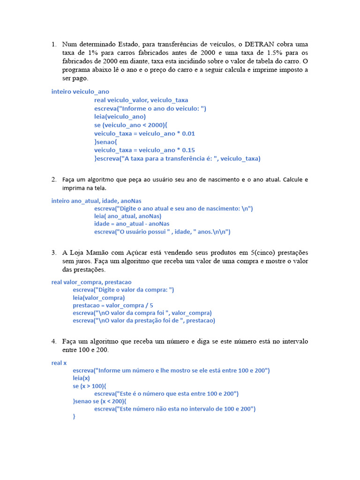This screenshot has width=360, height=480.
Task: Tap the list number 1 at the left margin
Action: [53, 44]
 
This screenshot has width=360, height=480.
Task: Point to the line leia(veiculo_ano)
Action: [120, 117]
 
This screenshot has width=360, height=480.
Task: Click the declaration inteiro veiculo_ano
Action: [80, 92]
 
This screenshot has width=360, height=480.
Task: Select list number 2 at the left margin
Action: [53, 180]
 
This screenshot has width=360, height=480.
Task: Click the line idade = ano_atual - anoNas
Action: [132, 224]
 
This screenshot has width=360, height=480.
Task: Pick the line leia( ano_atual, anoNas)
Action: [127, 216]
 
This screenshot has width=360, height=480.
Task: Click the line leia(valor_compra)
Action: [99, 298]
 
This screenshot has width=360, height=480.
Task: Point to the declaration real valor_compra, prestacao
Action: [91, 282]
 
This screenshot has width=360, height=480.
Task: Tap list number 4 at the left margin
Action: [53, 341]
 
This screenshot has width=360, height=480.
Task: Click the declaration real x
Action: [59, 363]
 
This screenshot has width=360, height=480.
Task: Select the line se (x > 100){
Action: [90, 386]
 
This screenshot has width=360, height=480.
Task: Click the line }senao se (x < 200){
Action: [99, 401]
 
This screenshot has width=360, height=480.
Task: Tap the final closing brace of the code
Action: [74, 416]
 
